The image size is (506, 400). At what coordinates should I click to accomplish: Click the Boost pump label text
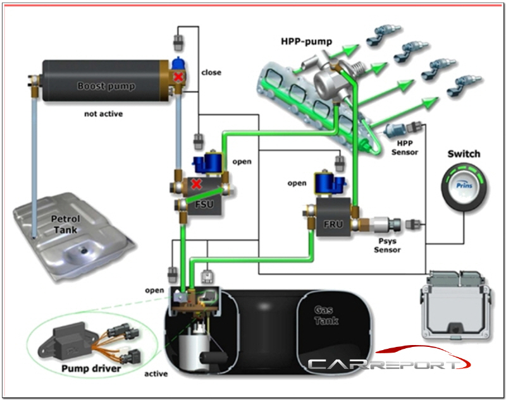tap(106, 86)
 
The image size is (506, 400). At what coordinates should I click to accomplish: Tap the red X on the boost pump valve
tap(178, 77)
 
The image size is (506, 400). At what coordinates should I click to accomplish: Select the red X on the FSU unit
tap(196, 184)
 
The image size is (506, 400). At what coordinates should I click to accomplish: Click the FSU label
tap(204, 204)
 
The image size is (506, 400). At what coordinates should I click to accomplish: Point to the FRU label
tap(333, 224)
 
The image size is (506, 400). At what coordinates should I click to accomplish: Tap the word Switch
tap(464, 154)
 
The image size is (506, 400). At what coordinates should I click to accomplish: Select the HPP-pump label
tap(306, 42)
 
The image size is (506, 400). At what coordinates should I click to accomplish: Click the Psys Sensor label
tap(387, 245)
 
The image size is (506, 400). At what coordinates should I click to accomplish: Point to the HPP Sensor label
tap(405, 148)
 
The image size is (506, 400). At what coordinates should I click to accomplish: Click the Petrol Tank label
tap(66, 224)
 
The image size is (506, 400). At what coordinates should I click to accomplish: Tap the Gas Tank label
tap(326, 315)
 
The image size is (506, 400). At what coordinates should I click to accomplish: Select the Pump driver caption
tap(91, 368)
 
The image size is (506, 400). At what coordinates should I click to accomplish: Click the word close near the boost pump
tap(211, 72)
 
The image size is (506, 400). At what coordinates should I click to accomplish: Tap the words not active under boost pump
tap(103, 114)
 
